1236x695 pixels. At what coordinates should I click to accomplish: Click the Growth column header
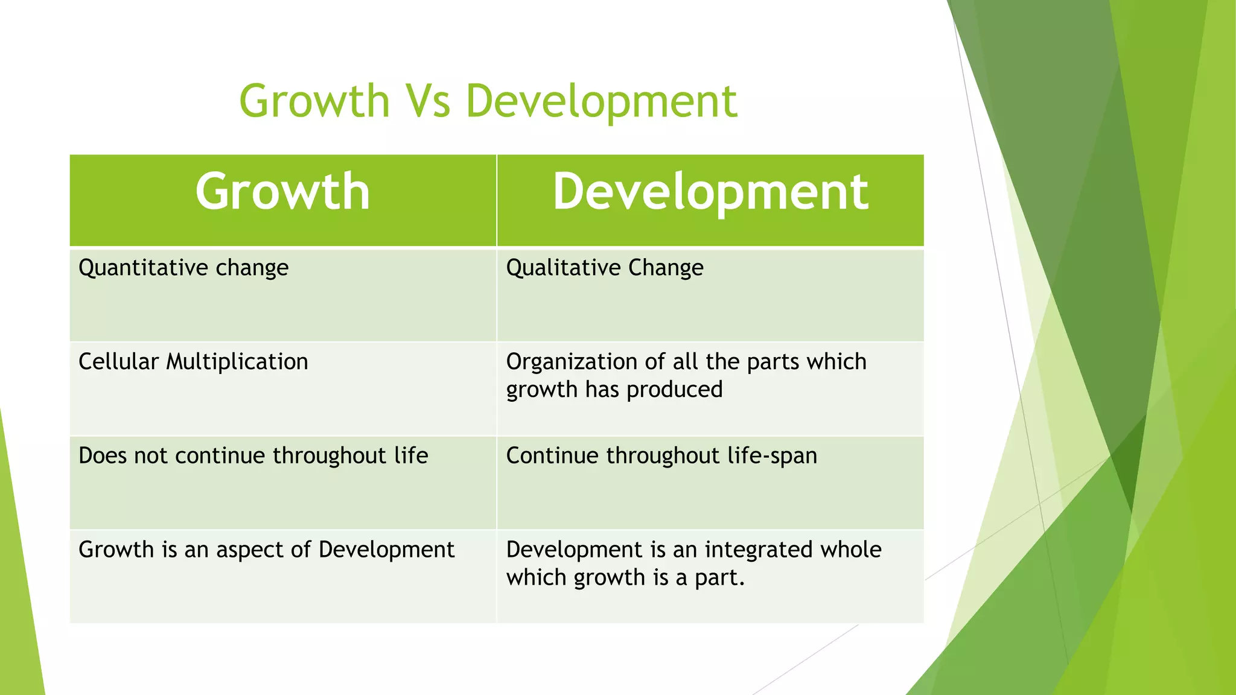282,192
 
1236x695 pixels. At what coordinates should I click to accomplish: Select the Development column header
710,192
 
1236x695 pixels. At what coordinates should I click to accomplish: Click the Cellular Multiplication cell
193,362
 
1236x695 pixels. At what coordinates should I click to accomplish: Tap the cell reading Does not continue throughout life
253,456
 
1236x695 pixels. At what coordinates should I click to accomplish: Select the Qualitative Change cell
605,268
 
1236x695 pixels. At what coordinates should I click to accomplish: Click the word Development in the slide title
601,101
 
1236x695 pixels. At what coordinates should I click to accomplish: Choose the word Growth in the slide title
314,101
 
